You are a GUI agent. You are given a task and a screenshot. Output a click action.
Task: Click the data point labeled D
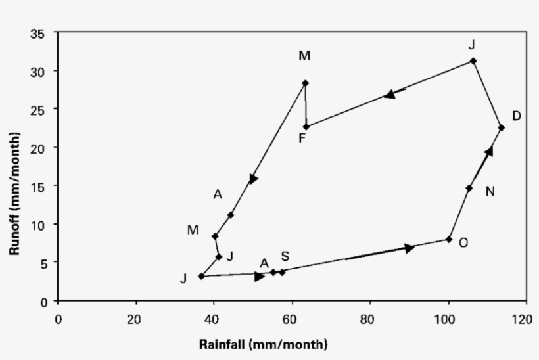point(501,127)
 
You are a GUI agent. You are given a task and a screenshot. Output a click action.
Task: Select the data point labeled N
point(469,188)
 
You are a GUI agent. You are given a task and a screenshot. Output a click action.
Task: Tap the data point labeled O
point(449,239)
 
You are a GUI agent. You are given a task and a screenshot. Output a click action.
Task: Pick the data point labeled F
point(306,127)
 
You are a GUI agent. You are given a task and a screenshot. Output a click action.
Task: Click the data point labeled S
point(283,272)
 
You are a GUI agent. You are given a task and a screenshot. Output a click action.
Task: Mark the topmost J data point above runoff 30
point(473,61)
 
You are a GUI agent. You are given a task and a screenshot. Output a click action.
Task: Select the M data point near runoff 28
point(305,83)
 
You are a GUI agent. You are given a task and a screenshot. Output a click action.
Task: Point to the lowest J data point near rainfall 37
point(201,277)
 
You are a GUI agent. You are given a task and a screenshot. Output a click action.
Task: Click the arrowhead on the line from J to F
point(390,94)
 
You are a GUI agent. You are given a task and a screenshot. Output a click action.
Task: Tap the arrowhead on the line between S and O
point(410,248)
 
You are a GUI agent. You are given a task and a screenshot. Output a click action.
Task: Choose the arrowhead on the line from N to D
point(488,152)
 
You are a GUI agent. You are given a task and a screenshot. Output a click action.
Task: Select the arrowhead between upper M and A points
point(254,179)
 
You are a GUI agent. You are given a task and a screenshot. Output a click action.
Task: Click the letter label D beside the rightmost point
point(517,116)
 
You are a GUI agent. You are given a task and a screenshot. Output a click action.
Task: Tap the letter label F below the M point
point(302,139)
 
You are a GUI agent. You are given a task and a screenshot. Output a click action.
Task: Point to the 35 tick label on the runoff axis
point(39,33)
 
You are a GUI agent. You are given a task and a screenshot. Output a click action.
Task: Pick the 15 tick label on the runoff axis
point(39,186)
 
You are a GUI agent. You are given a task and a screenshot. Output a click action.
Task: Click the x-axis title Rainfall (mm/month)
point(264,344)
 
